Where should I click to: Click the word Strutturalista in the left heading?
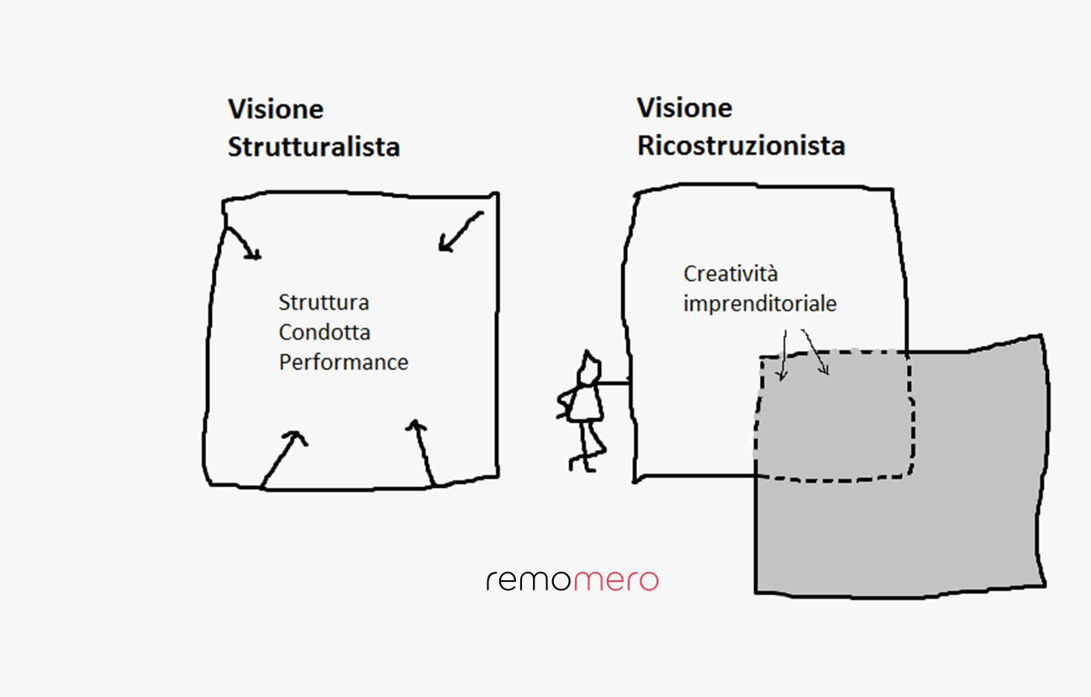click(314, 147)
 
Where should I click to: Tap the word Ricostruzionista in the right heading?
click(741, 145)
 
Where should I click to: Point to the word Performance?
click(344, 363)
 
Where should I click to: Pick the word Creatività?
click(730, 274)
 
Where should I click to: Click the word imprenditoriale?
click(760, 304)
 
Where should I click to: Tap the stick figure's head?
click(591, 364)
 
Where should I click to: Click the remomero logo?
click(572, 580)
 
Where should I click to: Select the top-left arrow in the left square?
click(243, 243)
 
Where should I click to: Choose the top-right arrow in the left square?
click(460, 232)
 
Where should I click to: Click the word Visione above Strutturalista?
click(276, 109)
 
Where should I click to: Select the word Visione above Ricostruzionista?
click(684, 107)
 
